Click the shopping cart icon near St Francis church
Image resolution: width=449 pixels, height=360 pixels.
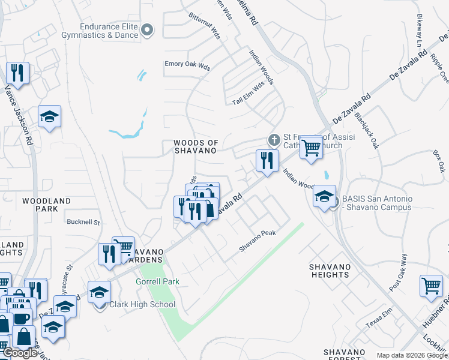(310, 146)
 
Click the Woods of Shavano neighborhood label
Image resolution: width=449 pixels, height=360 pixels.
(195, 147)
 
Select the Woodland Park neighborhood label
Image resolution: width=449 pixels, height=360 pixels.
(46, 205)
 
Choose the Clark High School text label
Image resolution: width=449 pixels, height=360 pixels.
(141, 304)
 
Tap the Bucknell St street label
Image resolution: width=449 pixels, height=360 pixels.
(83, 221)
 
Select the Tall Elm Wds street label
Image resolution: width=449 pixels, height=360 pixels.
(249, 94)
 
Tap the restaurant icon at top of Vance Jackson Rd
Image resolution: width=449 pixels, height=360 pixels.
(16, 74)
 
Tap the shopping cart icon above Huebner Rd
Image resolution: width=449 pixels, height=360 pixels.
(430, 286)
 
